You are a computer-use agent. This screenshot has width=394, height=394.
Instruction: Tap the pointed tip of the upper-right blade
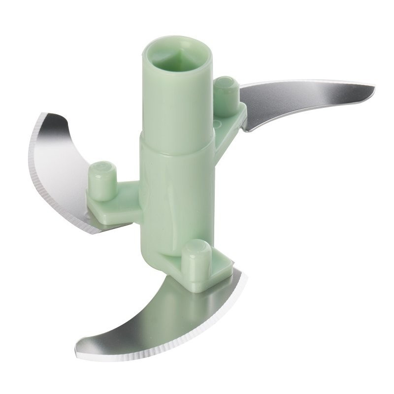coord(373,89)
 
